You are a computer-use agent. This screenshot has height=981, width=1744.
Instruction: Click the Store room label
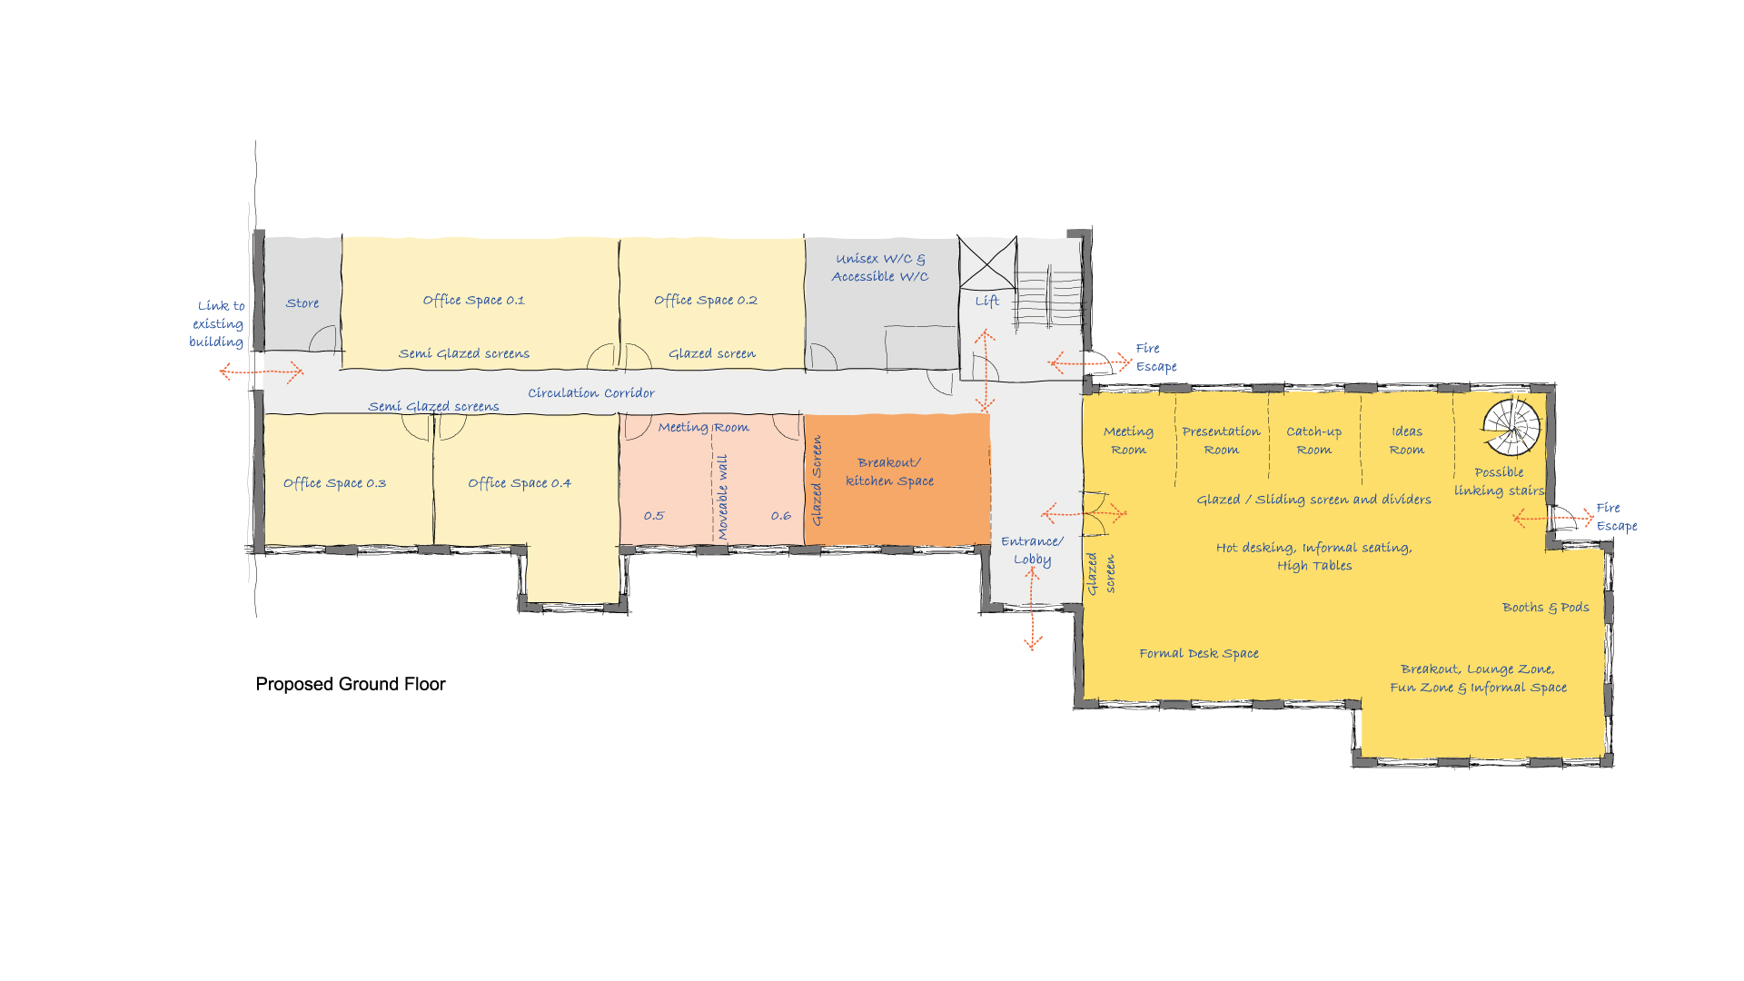pos(302,303)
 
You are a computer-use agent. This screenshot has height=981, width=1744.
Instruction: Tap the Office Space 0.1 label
pos(473,300)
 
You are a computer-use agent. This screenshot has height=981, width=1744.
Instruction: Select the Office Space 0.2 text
pos(705,300)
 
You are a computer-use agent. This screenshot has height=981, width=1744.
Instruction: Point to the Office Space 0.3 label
pos(334,483)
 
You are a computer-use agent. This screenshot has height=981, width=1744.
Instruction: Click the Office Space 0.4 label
pos(519,483)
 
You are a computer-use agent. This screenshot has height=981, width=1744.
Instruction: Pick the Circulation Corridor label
pos(591,393)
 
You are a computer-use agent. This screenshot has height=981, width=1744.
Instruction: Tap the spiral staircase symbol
pos(1511,427)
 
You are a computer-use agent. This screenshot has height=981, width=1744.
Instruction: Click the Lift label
pos(987,301)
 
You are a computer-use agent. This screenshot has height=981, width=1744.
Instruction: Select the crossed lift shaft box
pos(987,263)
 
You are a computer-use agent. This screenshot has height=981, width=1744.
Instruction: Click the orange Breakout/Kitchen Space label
pos(889,472)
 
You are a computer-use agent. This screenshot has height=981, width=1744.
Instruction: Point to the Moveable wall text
pos(723,497)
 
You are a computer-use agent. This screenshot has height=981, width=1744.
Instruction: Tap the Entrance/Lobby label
pos(1032,550)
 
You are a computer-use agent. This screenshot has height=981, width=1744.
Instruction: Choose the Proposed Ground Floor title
pos(351,684)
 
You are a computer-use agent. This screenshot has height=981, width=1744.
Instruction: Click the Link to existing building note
pos(217,324)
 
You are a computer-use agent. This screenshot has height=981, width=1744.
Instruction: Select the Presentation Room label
pos(1221,441)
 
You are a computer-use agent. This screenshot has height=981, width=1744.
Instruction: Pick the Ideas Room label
pos(1406,441)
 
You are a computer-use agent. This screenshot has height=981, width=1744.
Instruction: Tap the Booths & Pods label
pos(1545,608)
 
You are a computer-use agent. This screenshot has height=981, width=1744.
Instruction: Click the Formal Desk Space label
pos(1199,653)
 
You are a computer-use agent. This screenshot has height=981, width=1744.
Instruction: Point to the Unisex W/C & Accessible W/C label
pos(880,268)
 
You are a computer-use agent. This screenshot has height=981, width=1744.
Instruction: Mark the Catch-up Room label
pos(1313,441)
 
